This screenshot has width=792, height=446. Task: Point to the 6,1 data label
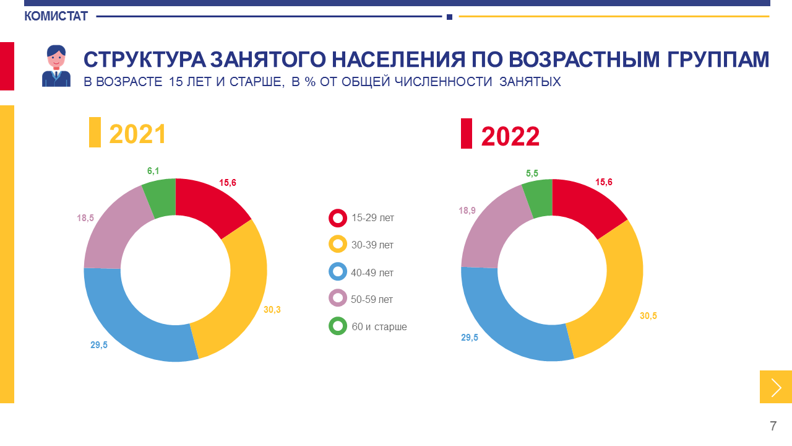tap(153, 171)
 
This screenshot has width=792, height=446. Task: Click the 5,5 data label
tap(532, 173)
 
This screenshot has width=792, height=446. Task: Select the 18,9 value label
tap(467, 211)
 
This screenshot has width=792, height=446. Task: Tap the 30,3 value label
tap(272, 309)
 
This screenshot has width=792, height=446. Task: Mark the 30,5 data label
tap(648, 316)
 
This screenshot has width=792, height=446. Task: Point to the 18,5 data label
tap(85, 218)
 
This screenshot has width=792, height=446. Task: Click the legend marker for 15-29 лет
tap(338, 218)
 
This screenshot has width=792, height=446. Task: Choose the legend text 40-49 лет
tap(372, 273)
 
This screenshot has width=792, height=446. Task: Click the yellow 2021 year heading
tap(137, 134)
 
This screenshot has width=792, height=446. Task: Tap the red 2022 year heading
tap(510, 136)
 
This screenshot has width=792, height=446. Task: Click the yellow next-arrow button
tap(776, 387)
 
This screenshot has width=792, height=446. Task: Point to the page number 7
tap(773, 426)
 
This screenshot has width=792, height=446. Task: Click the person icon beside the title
tap(56, 66)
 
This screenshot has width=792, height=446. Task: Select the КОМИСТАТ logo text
tap(56, 17)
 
